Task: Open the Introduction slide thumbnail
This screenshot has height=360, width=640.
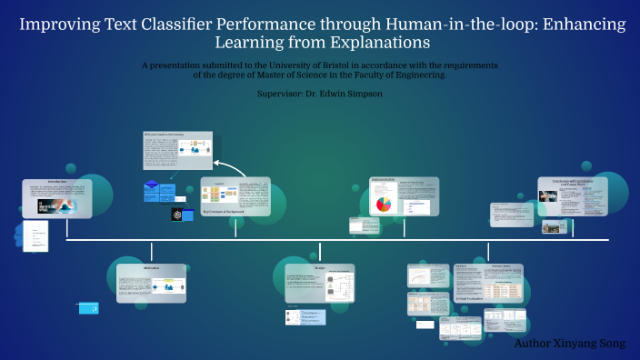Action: click(57, 198)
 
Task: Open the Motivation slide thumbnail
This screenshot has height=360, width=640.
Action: click(151, 284)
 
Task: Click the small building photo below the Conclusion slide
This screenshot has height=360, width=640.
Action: click(553, 227)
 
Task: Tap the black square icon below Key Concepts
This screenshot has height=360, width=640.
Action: click(177, 215)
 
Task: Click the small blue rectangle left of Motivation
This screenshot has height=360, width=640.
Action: click(88, 309)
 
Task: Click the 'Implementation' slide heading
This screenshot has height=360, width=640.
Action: click(383, 180)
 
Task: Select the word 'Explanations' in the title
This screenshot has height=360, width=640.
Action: click(379, 43)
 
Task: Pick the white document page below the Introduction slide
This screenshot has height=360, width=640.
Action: click(35, 237)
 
